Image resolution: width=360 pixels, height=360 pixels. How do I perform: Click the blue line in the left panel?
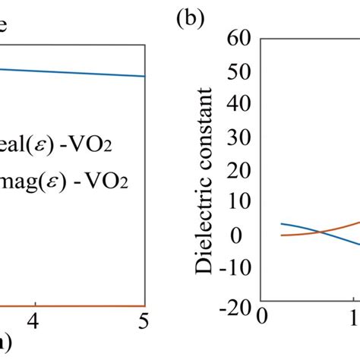tap(76, 72)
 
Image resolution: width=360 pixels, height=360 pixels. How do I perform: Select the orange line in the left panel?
tap(76, 285)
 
